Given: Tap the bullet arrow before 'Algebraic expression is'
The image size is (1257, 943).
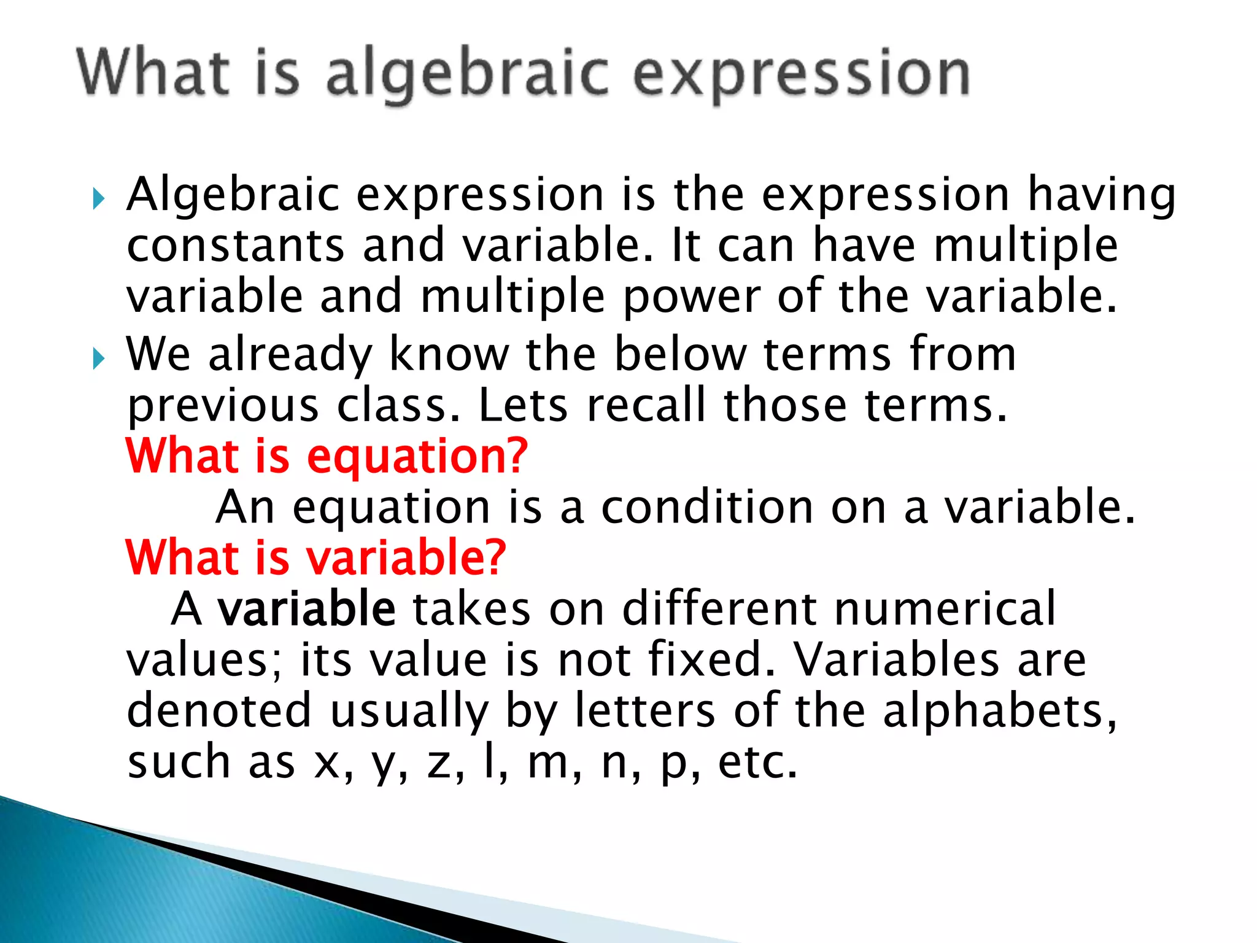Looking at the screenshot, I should coord(99,198).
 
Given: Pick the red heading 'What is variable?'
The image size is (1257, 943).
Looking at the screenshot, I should coord(315,557).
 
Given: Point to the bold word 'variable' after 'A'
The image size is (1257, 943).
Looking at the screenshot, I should coord(307,608).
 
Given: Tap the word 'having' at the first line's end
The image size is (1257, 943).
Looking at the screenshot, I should coord(1102,195).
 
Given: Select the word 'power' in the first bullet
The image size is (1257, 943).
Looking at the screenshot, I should coord(692,297).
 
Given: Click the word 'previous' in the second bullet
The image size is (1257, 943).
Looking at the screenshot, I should coord(223,406).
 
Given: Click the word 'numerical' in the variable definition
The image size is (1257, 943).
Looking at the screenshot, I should coord(945,608).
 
